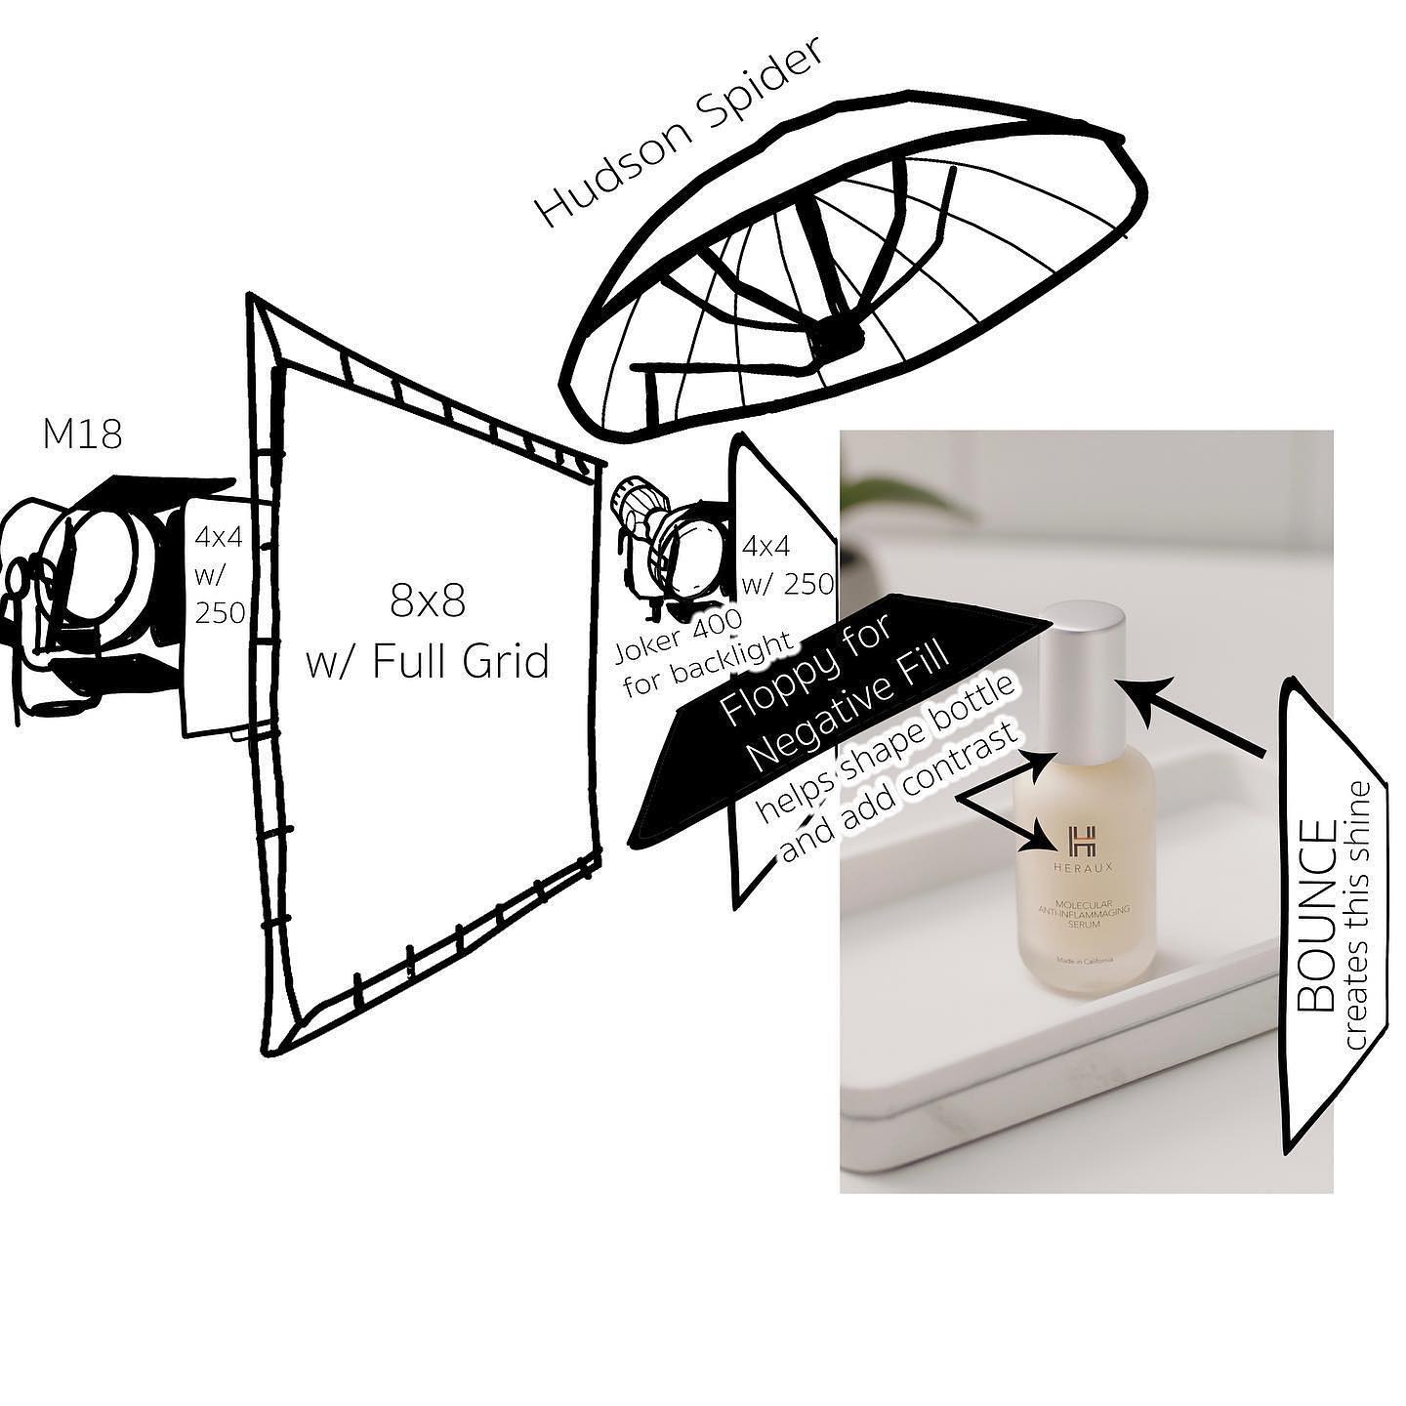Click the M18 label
click(x=82, y=435)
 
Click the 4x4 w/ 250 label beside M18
click(x=219, y=576)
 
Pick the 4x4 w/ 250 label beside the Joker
click(x=787, y=564)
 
